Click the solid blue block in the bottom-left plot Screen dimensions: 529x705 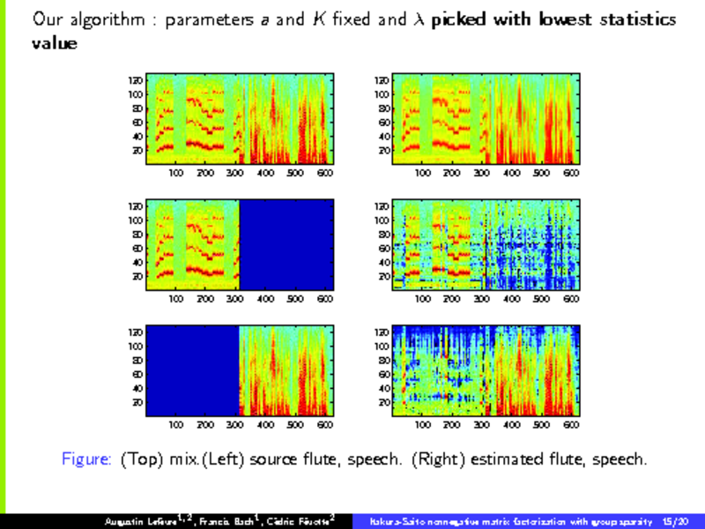(x=192, y=370)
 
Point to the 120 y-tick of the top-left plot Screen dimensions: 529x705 (x=137, y=80)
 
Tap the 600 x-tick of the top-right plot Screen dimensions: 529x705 (x=571, y=174)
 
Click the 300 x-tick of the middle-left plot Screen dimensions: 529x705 (x=235, y=299)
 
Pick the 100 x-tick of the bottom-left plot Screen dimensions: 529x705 (x=176, y=425)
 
